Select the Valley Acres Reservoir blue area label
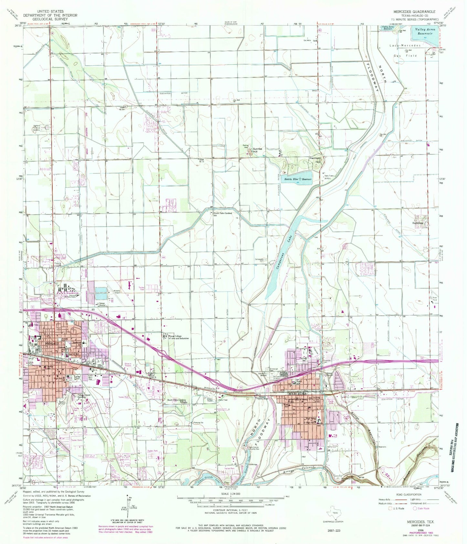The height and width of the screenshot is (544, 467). click(x=425, y=31)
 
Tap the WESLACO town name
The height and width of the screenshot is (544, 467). click(x=44, y=342)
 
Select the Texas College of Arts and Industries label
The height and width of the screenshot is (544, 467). click(x=178, y=337)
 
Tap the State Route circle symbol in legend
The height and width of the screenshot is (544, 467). click(x=415, y=508)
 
